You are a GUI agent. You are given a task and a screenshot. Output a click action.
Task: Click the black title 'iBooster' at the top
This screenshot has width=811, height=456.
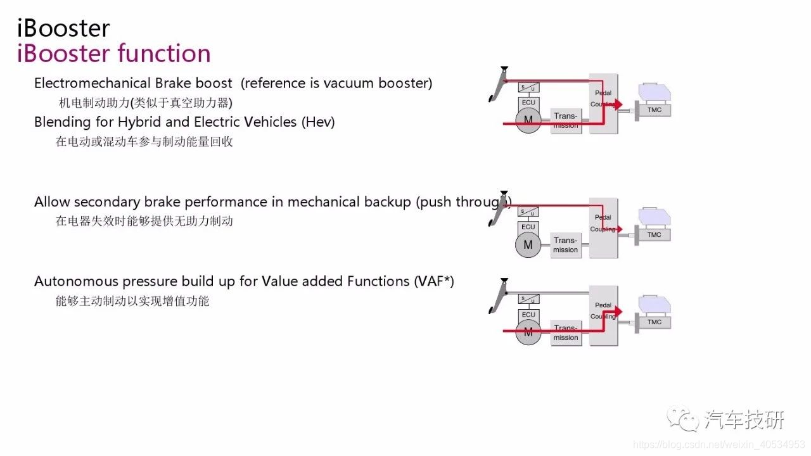pos(63,28)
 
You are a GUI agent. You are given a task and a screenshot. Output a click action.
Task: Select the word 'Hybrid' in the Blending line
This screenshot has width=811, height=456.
pos(139,122)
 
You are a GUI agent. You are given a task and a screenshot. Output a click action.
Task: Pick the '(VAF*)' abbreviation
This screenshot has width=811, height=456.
pos(434,281)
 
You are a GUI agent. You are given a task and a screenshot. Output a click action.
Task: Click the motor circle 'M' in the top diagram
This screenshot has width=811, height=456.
pos(528,119)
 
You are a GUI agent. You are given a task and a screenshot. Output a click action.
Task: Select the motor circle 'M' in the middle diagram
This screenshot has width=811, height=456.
pos(528,244)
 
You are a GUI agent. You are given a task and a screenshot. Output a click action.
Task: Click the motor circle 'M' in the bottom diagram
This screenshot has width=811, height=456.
pos(528,332)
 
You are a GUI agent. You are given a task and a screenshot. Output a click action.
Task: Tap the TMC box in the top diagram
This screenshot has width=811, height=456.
pos(654,110)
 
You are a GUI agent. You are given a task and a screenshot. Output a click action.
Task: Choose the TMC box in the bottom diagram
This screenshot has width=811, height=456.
pos(654,322)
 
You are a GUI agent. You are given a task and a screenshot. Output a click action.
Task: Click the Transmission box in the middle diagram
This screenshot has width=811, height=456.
pos(566,245)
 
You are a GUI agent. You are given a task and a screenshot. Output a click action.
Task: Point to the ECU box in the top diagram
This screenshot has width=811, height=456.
pos(528,102)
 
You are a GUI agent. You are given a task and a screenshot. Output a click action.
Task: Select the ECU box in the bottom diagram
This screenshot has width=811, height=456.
pos(528,315)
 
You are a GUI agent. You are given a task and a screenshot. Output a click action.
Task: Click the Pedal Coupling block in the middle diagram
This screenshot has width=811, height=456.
pos(603,228)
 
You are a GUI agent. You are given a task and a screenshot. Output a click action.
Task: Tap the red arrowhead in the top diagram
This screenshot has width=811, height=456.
pos(618,104)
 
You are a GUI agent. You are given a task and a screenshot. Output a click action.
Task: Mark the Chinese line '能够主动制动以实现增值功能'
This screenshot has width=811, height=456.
pos(132,301)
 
